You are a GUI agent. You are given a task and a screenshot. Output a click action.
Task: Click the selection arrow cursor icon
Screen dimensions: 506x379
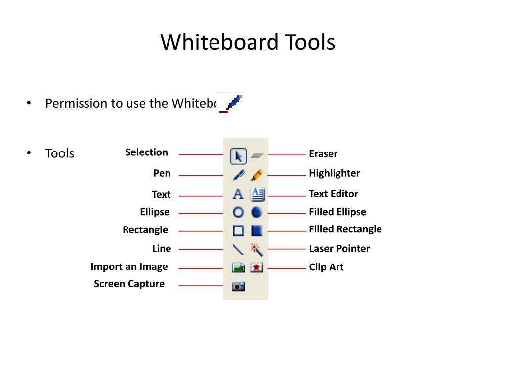coord(238,156)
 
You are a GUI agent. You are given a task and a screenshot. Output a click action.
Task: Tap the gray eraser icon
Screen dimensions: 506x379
coord(257,155)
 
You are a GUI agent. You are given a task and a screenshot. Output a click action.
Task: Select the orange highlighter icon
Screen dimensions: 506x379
coord(257,175)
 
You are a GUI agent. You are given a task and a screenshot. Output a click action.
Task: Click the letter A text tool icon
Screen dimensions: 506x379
coord(238,194)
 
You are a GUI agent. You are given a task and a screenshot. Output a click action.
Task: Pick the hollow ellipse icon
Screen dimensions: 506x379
coord(238,212)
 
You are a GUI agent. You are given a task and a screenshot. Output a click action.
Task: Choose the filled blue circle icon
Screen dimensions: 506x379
coord(256,212)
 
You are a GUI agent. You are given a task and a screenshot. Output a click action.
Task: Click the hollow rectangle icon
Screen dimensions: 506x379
coord(238,230)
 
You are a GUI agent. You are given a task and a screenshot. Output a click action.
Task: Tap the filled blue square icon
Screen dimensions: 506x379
coord(256,230)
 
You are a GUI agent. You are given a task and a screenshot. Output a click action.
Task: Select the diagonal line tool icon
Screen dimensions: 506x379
coord(238,249)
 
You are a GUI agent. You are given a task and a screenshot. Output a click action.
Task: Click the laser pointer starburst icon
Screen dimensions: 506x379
coord(256,249)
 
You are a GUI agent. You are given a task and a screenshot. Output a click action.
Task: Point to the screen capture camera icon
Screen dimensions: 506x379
coord(238,286)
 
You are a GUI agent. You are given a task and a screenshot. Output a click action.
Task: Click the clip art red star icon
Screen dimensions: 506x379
coord(256,267)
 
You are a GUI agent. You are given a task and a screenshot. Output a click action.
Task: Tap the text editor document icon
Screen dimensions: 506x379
coord(257,194)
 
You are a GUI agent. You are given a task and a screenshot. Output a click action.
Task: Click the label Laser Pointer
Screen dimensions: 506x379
coord(339,249)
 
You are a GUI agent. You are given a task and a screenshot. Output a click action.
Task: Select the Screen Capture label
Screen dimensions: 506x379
coord(129,284)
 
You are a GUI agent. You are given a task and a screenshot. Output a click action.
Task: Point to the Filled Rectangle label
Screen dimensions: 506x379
coord(345,229)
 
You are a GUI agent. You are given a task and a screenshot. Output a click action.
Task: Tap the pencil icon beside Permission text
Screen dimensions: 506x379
coord(233,103)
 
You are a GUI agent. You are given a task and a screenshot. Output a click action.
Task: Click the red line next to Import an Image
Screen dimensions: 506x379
coord(201,268)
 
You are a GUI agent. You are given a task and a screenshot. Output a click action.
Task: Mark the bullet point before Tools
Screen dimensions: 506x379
coord(29,153)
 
